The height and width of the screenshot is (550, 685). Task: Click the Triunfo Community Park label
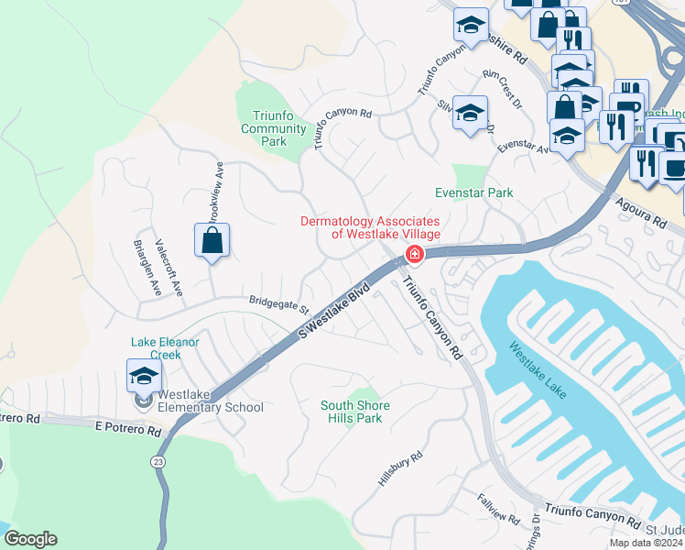tap(273, 129)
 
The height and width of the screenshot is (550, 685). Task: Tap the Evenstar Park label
tap(474, 193)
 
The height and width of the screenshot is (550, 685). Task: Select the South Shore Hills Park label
tap(355, 412)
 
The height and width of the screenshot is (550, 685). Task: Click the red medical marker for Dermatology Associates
tap(415, 254)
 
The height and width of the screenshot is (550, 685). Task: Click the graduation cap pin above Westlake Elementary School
tap(144, 376)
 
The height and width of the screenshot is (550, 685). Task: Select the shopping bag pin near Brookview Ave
tap(212, 242)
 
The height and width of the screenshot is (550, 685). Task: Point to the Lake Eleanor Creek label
tap(165, 347)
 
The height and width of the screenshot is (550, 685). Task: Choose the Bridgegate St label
tap(279, 302)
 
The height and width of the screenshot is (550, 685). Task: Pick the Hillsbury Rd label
tap(400, 468)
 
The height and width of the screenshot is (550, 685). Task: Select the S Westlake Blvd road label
tap(334, 313)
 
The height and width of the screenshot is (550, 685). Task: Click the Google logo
tap(30, 539)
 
